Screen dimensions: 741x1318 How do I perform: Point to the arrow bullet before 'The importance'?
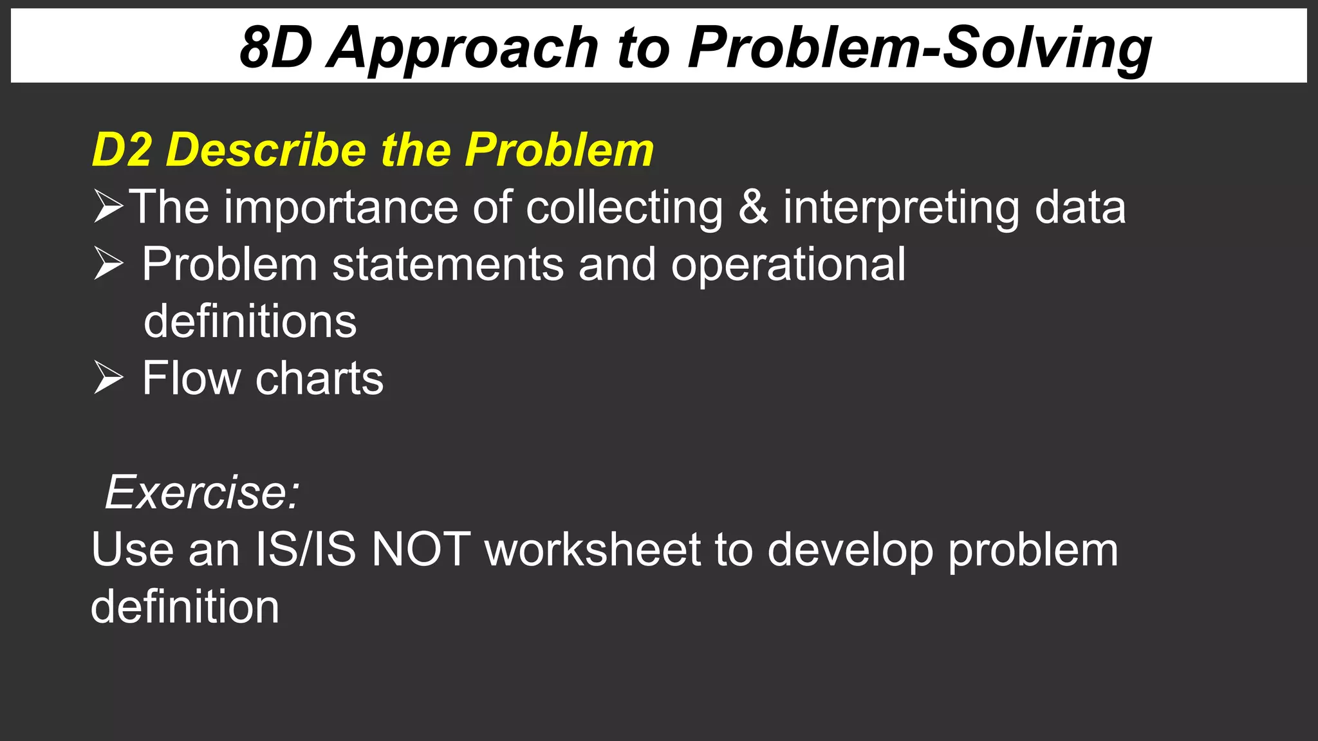107,206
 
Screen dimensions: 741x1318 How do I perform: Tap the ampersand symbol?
753,207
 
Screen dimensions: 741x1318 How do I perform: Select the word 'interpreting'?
901,207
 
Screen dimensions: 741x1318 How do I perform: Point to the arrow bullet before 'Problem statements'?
107,264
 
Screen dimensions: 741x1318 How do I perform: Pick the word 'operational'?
788,264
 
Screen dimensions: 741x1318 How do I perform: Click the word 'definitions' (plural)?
250,321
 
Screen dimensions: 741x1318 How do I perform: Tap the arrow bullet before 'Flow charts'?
107,378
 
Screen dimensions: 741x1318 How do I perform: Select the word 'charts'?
319,378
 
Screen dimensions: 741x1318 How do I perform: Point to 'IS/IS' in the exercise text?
305,549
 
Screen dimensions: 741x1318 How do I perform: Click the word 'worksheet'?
592,549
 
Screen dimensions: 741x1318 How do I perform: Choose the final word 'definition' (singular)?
185,606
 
